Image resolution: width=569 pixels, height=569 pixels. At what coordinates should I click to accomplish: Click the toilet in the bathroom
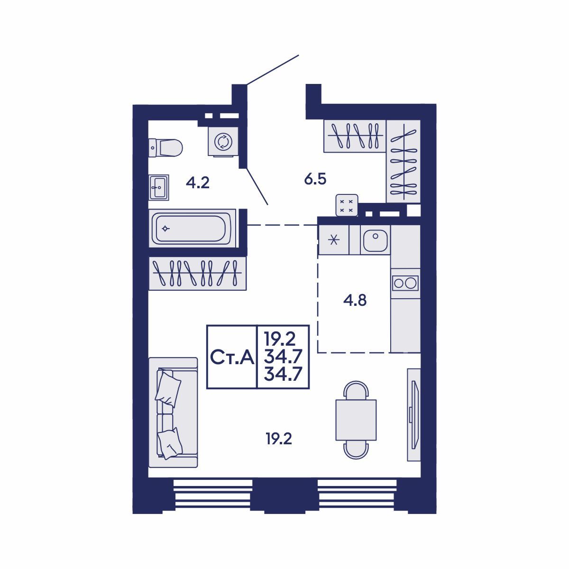[165, 147]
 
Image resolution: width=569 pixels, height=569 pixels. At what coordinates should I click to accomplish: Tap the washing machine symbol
[223, 141]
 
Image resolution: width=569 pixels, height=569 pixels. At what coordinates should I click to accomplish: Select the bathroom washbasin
[158, 187]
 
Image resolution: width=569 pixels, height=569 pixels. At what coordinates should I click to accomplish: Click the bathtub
[192, 228]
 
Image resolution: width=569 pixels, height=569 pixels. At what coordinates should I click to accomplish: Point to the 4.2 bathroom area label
[198, 183]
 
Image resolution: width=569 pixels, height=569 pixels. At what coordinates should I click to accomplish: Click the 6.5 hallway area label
[315, 179]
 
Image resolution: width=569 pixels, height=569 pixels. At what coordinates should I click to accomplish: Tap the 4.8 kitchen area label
[355, 301]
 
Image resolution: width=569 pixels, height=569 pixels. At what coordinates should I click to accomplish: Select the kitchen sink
[375, 240]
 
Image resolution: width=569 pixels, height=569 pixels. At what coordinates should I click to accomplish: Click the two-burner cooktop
[405, 283]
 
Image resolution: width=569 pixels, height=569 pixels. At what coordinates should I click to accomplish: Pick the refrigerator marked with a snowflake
[334, 240]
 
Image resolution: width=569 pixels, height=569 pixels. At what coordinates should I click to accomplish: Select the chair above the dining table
[356, 390]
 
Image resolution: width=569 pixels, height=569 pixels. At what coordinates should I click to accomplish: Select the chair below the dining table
[356, 450]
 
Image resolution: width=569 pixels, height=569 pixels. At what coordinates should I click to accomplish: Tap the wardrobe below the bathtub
[197, 273]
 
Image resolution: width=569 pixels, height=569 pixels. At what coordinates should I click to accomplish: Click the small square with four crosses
[347, 205]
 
